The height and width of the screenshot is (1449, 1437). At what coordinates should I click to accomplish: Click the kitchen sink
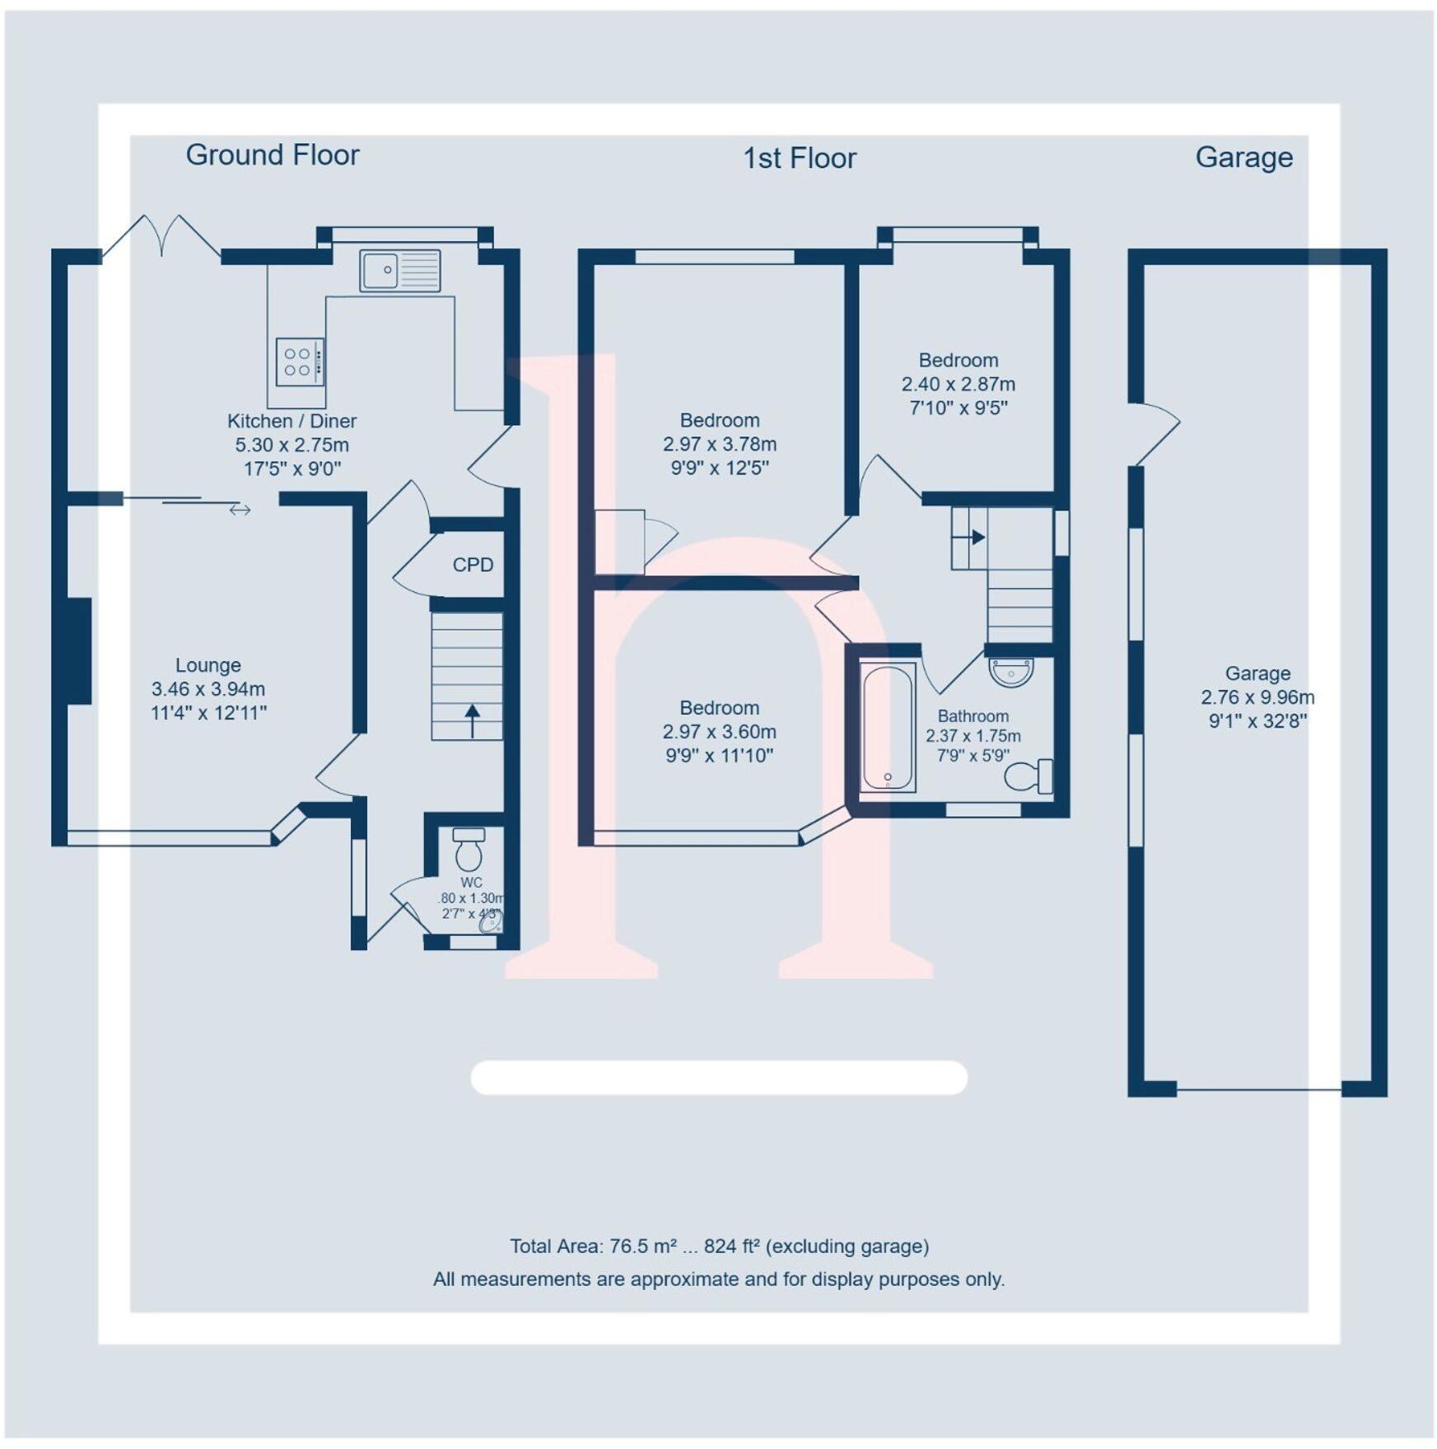399,271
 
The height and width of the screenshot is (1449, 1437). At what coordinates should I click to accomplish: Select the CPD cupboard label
473,565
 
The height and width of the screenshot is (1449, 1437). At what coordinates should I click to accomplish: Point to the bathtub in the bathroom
888,728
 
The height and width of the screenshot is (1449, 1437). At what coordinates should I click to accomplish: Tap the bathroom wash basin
1010,672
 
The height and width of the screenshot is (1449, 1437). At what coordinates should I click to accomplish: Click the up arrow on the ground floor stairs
472,720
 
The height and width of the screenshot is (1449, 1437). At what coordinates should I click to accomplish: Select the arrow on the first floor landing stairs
977,538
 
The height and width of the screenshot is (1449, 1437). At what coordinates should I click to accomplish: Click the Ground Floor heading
273,155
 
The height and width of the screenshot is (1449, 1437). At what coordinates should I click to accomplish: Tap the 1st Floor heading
799,158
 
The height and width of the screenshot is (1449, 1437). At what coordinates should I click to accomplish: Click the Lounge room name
208,665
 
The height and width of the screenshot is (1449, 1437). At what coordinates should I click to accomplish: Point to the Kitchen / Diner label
292,421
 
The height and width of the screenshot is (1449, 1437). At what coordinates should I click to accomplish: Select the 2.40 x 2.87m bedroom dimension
958,384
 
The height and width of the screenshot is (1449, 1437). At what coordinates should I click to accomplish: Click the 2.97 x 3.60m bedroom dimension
719,732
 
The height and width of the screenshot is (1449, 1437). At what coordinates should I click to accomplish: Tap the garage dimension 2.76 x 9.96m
1257,697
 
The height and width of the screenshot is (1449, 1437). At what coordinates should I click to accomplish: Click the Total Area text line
719,1246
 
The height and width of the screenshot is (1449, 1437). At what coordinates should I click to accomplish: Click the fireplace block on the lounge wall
79,650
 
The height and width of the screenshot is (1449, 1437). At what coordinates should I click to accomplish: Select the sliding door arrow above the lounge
240,510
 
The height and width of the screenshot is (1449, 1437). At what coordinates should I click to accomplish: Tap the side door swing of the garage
1157,432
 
